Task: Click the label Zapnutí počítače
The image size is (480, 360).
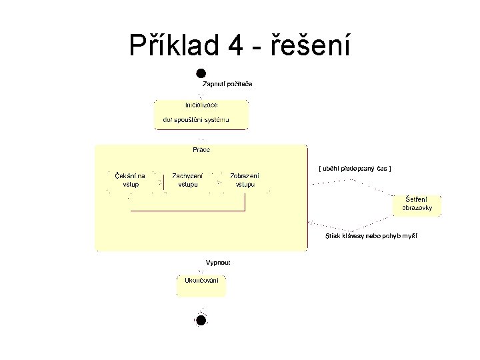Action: tap(227, 84)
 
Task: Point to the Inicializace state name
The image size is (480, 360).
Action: tap(201, 105)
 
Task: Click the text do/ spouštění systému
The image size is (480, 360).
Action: tap(196, 120)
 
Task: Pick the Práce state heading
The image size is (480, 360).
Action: tap(201, 149)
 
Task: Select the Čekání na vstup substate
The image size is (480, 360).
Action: tap(130, 179)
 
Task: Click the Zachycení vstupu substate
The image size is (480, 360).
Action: tap(187, 179)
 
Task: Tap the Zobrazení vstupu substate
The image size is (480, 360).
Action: tap(245, 179)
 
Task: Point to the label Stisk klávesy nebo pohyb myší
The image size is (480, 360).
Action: tap(371, 235)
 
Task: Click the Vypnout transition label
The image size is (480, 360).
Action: tap(218, 263)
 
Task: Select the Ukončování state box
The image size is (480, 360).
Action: tap(201, 285)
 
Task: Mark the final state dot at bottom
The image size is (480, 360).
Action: tap(201, 320)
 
